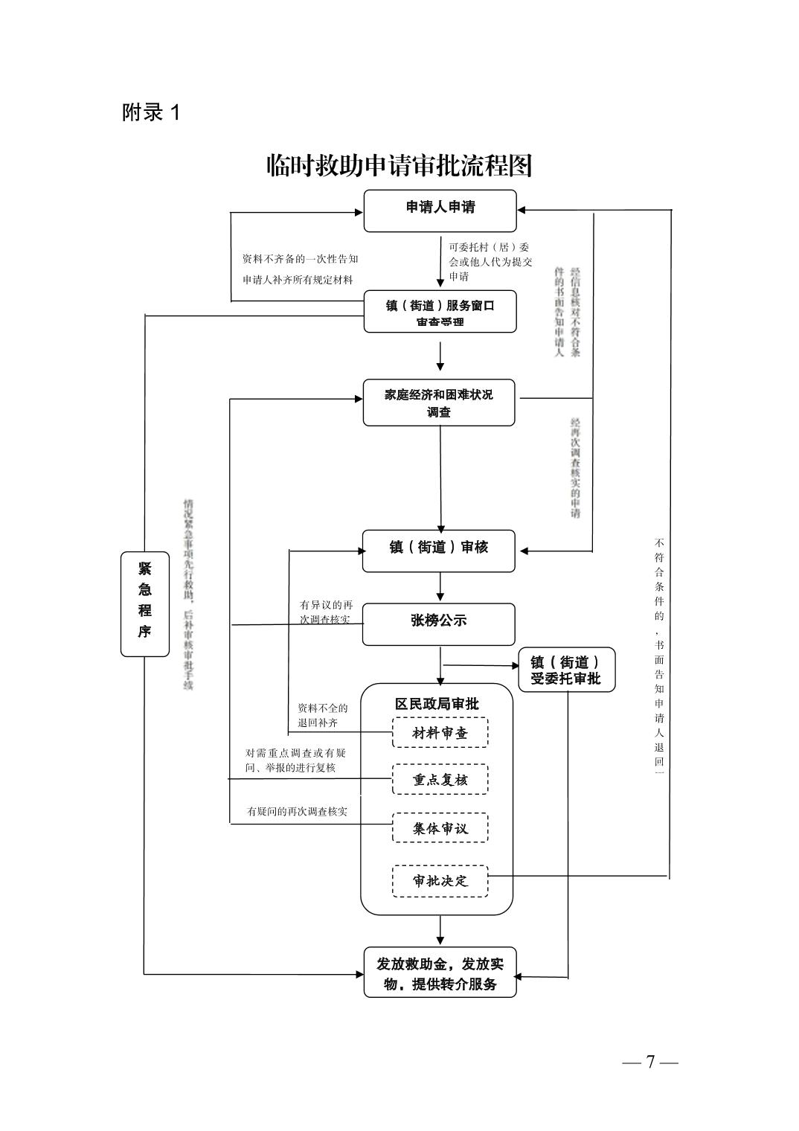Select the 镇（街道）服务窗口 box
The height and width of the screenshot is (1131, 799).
pos(440,312)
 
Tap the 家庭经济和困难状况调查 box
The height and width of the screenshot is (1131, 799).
pos(439,403)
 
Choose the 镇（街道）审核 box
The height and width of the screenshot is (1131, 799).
pos(439,551)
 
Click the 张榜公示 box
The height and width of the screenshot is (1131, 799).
pos(439,624)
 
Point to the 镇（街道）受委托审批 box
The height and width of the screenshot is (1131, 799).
pos(566,670)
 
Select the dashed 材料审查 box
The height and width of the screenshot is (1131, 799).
pos(440,733)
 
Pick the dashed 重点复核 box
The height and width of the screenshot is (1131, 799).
pos(440,780)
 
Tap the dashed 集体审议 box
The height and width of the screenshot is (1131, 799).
pos(440,828)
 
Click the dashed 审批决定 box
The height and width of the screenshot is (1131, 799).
pos(440,881)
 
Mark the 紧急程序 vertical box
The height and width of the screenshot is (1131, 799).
pos(145,603)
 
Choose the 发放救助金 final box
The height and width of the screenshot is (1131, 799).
pos(440,973)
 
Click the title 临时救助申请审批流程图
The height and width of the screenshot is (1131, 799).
pos(399,166)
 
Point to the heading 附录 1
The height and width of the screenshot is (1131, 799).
pos(151,113)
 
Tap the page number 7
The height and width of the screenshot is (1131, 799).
pos(650,1062)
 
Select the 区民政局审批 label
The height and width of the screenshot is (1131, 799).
pos(437,704)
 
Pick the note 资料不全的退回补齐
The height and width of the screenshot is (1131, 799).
pos(323,715)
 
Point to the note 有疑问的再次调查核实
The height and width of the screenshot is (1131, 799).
pos(297,811)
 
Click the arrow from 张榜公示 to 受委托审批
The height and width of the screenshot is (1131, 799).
pos(480,665)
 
